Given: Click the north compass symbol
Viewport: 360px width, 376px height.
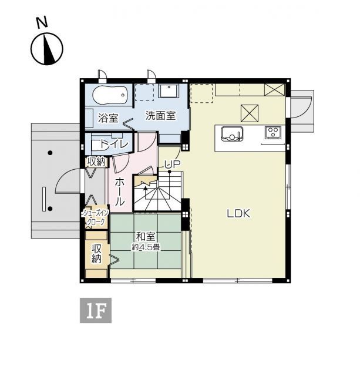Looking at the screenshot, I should [48, 49].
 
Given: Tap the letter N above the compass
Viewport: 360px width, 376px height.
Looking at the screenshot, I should [42, 23].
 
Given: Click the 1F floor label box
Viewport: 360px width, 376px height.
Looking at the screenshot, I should [95, 311].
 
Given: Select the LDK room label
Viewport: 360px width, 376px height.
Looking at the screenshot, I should [239, 214].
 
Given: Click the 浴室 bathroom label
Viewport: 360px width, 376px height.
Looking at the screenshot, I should [108, 117].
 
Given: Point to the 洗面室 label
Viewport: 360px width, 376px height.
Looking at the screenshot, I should [160, 116].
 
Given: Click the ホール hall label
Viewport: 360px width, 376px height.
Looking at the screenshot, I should [119, 191].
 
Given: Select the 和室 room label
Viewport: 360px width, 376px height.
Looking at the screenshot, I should [146, 237].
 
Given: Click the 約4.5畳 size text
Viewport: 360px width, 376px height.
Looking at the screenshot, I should [146, 247].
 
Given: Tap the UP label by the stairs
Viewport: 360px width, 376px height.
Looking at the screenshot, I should [171, 165].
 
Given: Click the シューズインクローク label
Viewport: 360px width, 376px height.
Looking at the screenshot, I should [95, 218].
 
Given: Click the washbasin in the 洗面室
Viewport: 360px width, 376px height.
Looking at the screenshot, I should [169, 92].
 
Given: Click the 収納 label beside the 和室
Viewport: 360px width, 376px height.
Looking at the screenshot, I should [96, 254].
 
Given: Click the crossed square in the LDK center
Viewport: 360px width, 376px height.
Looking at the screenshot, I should [248, 112].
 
